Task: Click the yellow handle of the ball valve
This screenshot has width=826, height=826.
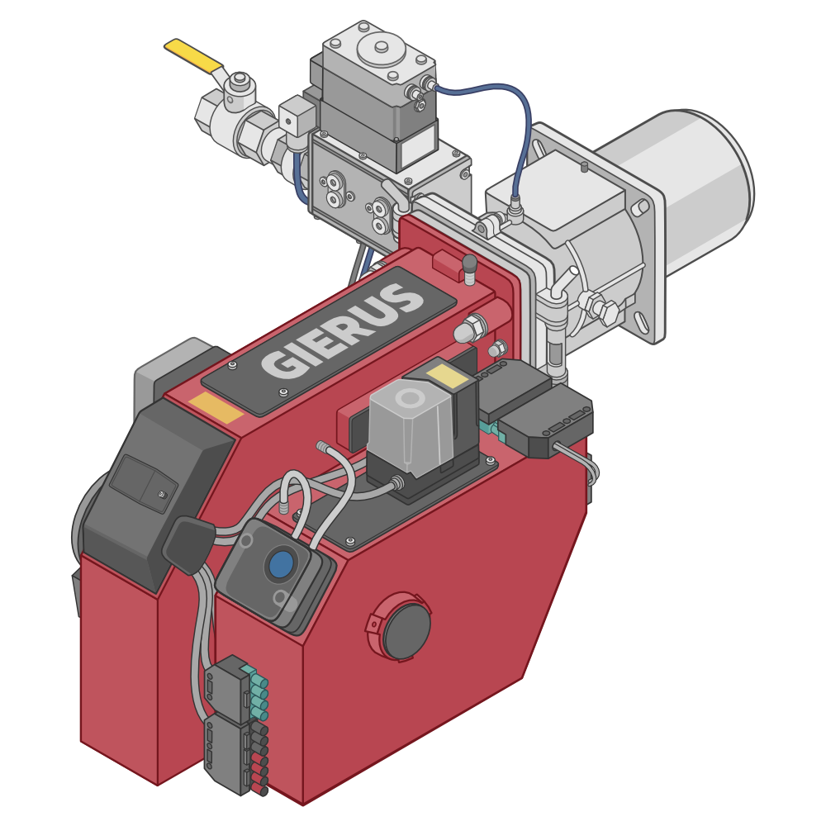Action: click(193, 55)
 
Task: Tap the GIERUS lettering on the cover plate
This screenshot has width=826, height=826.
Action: click(344, 330)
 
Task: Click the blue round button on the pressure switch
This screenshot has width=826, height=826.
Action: click(281, 564)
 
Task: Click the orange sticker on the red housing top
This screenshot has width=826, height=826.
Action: click(216, 408)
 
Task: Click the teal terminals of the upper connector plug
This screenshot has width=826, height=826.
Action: click(259, 692)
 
